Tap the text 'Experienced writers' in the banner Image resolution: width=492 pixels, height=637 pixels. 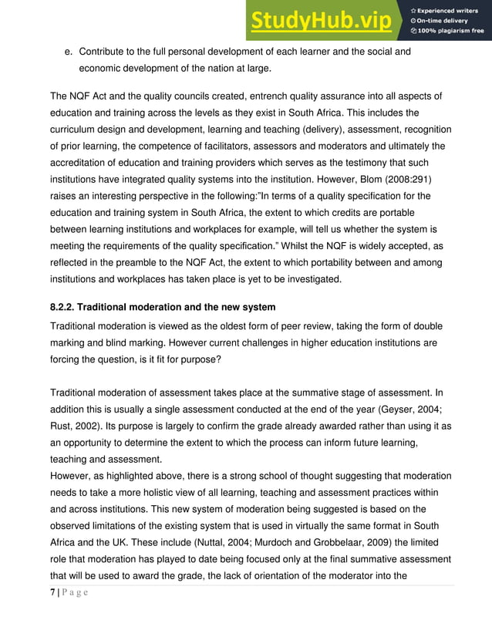[x=450, y=8]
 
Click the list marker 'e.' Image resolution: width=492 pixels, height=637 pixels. [x=68, y=52]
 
